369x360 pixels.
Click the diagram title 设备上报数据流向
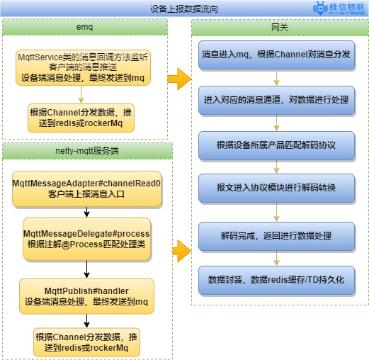184,9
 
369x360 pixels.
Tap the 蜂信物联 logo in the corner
339,9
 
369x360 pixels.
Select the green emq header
85,27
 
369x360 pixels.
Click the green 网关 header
280,28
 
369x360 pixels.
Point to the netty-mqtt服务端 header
87,151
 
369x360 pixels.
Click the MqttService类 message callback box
83,67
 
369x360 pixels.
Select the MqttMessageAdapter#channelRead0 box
87,189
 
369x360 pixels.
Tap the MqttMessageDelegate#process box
86,239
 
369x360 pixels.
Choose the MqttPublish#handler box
86,296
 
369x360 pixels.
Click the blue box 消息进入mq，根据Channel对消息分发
276,55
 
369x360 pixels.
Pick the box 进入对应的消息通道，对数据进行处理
276,100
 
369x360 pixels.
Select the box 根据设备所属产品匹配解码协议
276,145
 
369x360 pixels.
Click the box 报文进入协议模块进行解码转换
276,189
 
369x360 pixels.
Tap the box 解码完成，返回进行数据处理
276,236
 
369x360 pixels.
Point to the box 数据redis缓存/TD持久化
276,281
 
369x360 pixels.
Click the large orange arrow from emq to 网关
179,79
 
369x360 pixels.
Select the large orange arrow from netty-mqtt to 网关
182,251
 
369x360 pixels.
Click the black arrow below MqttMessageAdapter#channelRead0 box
86,212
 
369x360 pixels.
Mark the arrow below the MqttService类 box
81,94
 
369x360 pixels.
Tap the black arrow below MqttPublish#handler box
86,321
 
